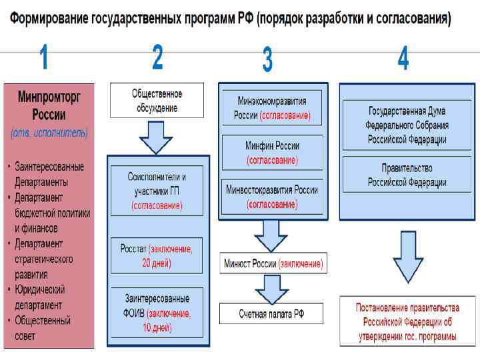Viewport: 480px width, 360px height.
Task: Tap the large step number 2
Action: click(x=157, y=58)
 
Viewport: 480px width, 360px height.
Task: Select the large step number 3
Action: click(x=267, y=60)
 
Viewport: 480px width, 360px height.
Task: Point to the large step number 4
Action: click(x=403, y=59)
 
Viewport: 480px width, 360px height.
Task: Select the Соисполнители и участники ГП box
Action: click(x=157, y=191)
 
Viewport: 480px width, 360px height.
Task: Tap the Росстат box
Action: click(x=157, y=255)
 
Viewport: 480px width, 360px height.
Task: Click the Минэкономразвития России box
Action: click(x=271, y=108)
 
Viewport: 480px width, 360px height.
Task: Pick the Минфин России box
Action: click(x=271, y=153)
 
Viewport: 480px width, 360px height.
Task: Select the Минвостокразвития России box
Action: click(x=271, y=197)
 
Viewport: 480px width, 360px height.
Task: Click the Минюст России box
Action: click(x=273, y=264)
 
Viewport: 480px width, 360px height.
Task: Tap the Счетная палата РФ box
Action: click(x=271, y=313)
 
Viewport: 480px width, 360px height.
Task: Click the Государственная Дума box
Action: click(x=407, y=125)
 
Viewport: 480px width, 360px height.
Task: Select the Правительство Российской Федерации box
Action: click(x=407, y=175)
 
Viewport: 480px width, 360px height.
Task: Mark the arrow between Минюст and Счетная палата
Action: click(x=271, y=288)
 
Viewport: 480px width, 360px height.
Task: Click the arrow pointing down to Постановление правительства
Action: click(x=407, y=257)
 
